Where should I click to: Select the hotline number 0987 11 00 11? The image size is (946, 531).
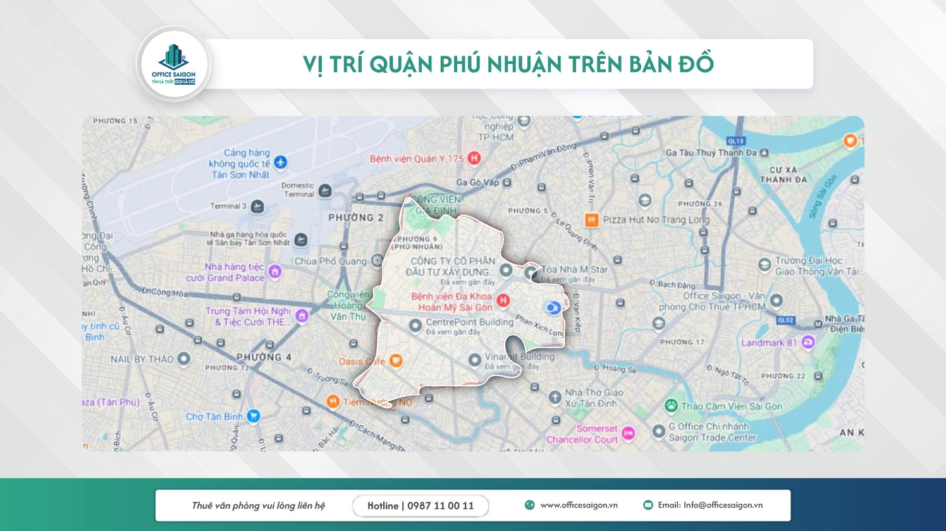(x=440, y=506)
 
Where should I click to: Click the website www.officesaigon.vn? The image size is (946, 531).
(x=579, y=505)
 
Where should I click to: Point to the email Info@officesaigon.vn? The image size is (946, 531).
(x=722, y=505)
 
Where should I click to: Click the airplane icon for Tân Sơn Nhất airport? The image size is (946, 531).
(x=280, y=162)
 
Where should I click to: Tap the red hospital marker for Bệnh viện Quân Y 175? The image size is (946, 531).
(x=474, y=158)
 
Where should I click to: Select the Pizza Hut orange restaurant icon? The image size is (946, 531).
(x=591, y=220)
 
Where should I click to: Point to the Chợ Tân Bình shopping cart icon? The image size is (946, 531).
(x=254, y=416)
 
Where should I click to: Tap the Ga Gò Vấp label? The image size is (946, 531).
(x=477, y=183)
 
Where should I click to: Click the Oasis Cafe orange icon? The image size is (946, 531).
(x=396, y=361)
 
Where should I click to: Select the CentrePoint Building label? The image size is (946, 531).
(x=469, y=322)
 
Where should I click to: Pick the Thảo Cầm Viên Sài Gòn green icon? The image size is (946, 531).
(x=671, y=406)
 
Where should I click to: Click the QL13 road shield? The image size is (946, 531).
(x=735, y=141)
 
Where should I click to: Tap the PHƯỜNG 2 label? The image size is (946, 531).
(x=355, y=217)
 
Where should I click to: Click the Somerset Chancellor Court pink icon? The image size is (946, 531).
(x=628, y=433)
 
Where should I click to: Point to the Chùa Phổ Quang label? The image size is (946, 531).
(x=330, y=261)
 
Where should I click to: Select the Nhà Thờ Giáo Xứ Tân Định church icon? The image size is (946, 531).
(x=555, y=397)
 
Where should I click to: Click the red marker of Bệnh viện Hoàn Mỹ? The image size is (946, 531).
(x=503, y=300)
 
